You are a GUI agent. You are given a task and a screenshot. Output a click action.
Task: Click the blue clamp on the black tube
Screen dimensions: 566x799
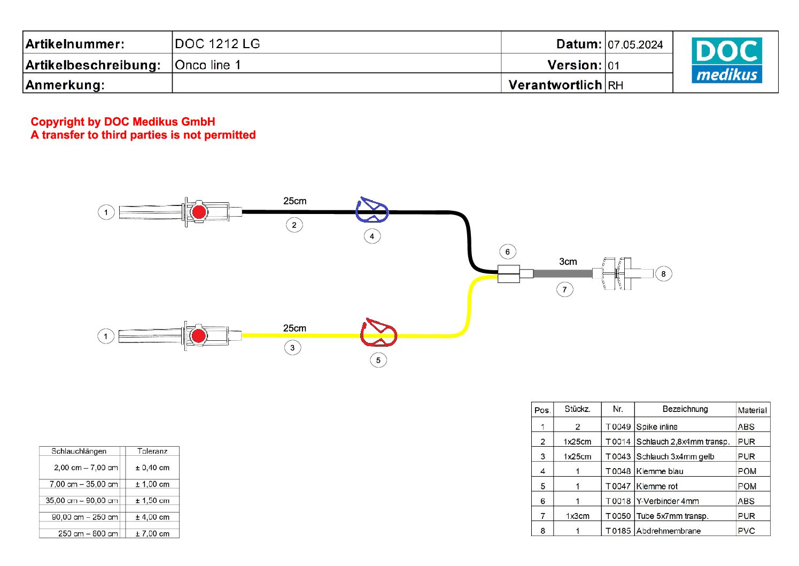372,210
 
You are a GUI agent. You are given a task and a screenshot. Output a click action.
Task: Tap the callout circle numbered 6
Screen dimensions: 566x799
508,252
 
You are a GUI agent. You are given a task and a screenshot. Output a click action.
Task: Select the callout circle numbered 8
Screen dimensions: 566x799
663,274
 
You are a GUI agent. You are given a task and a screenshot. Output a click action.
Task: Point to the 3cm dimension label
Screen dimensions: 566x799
568,262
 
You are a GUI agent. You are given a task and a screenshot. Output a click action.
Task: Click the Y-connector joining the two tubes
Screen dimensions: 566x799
508,274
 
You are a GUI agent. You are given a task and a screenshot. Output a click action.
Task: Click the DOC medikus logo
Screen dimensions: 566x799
726,60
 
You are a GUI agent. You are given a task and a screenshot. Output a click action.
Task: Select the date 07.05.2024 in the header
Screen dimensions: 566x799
635,45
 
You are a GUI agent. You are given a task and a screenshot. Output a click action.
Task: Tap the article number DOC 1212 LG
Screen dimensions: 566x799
218,44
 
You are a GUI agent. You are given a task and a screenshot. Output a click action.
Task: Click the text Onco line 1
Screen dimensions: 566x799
208,65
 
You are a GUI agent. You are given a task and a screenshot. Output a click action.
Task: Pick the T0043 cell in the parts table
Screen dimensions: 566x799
618,456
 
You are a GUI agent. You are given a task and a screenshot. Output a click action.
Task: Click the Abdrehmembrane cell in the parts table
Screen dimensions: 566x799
668,531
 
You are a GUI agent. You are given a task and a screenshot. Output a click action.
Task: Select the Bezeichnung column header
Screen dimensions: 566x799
685,409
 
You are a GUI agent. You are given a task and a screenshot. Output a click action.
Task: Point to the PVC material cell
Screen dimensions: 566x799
746,531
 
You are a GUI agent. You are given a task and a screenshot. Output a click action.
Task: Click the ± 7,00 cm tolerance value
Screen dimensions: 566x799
152,533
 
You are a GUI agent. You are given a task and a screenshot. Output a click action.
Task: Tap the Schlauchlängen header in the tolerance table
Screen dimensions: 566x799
79,451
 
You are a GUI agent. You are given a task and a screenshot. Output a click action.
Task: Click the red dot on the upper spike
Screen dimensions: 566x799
199,212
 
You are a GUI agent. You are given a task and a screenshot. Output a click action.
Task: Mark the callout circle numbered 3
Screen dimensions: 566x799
292,348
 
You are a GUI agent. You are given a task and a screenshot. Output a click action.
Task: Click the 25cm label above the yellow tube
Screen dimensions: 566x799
294,328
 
